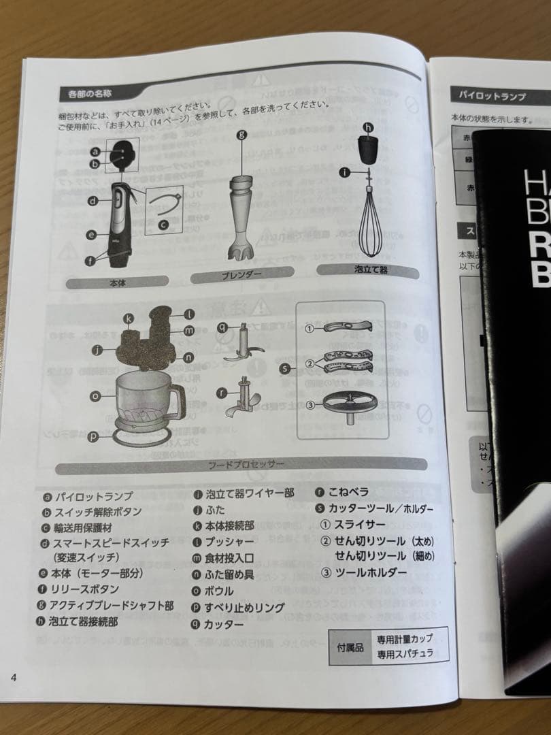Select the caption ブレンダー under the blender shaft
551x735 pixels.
tap(241, 275)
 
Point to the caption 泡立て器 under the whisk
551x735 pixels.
tap(371, 269)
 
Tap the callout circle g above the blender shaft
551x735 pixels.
tap(241, 135)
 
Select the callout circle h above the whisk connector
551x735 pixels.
tap(368, 127)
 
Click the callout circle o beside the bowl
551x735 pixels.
tap(95, 395)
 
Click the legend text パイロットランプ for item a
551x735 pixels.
tap(94, 497)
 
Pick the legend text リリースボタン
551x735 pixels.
tap(86, 589)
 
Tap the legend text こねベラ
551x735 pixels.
tap(350, 492)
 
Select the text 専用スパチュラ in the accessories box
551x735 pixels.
tap(405, 654)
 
